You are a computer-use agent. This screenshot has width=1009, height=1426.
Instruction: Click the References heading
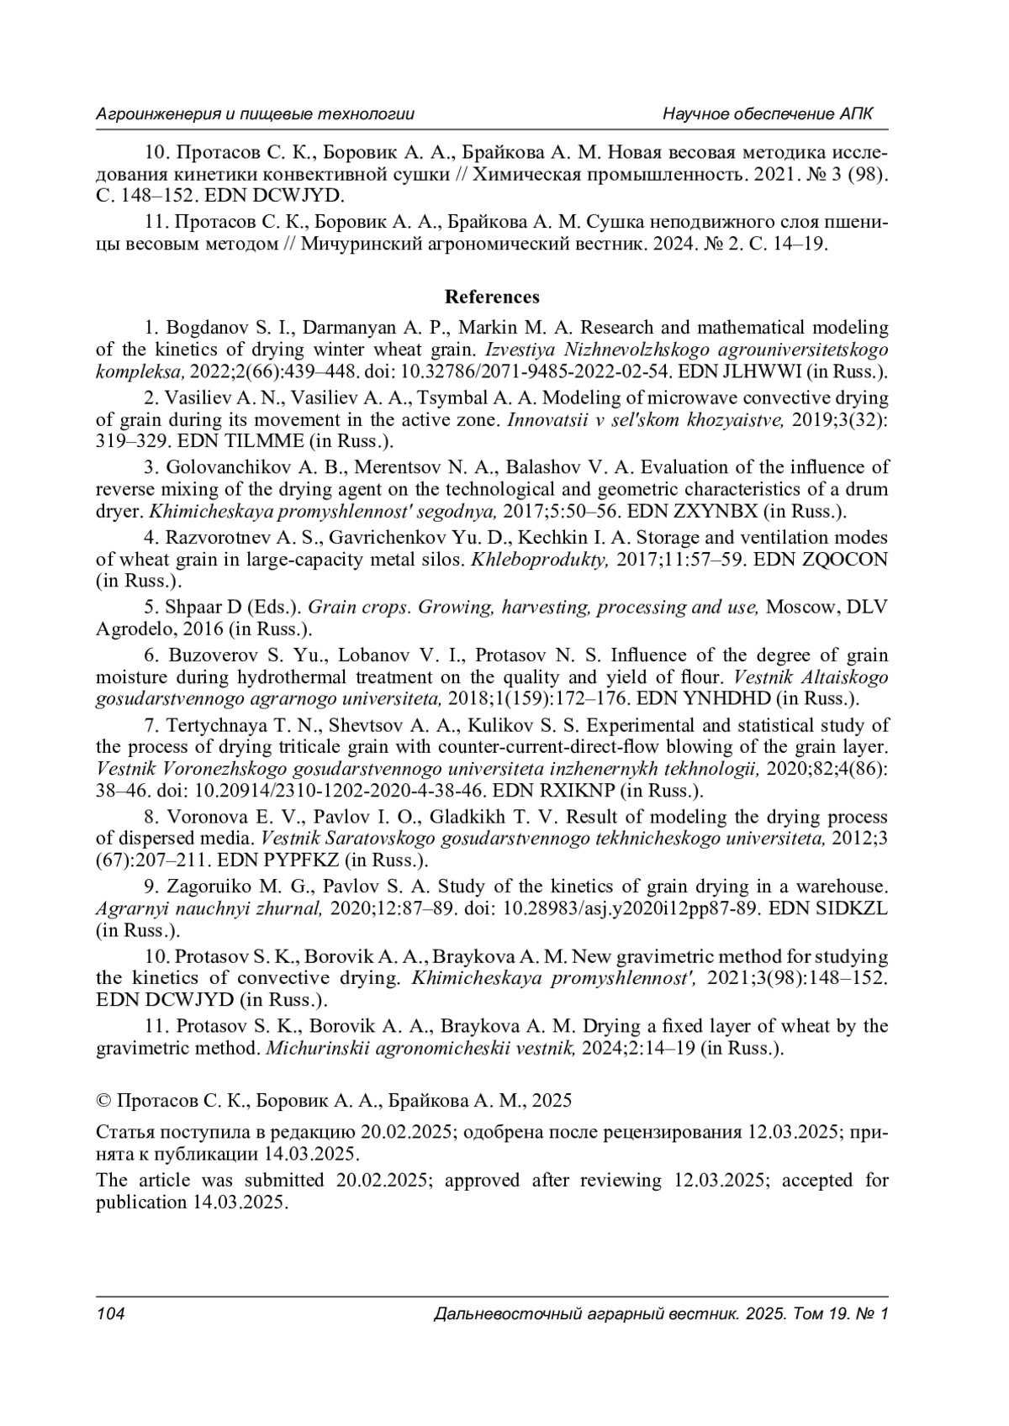point(492,297)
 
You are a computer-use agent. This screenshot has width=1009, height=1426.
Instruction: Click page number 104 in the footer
point(111,1313)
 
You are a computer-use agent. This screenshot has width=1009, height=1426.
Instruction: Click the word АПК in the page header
point(856,113)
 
